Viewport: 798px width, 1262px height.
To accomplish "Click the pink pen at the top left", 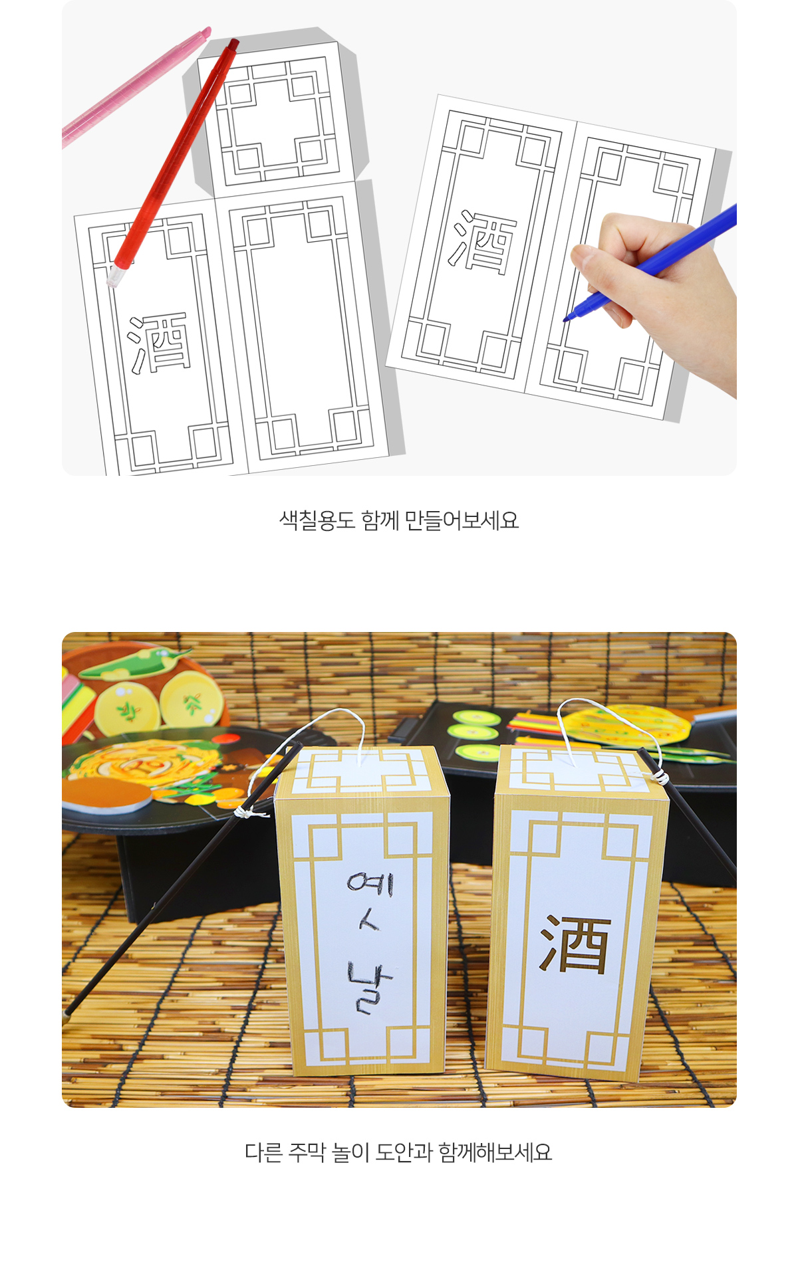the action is tap(136, 86).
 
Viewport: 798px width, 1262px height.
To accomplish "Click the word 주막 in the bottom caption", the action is tap(307, 1152).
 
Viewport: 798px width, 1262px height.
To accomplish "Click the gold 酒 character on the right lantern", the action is tap(575, 944).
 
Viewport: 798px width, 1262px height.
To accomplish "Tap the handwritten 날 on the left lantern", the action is tap(370, 988).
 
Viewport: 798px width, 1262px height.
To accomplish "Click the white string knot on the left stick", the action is tap(245, 811).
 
